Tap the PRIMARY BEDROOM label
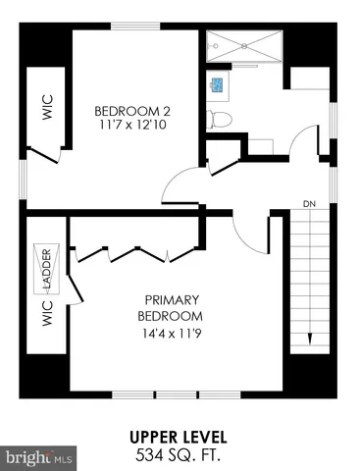pos(173,307)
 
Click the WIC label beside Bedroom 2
pos(45,107)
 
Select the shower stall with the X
pos(243,47)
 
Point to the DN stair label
pos(308,204)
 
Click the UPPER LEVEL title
pos(179,436)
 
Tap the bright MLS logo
pos(39,457)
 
